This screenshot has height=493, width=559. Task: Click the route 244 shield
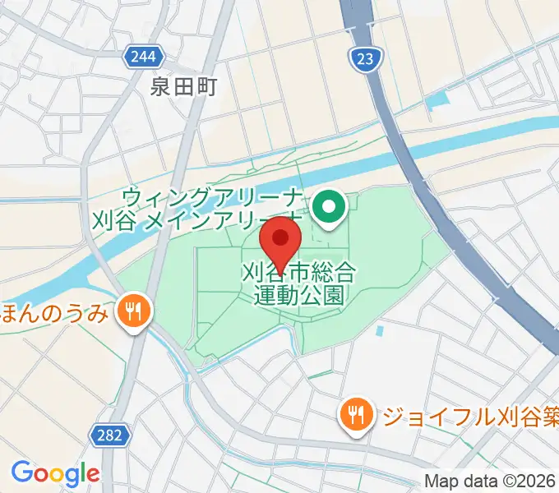click(147, 57)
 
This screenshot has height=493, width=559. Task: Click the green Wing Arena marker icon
click(330, 208)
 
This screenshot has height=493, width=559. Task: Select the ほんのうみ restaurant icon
click(131, 311)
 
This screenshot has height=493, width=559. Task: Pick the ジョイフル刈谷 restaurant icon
click(356, 412)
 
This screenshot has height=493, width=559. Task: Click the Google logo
click(55, 474)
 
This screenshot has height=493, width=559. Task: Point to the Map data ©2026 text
click(490, 481)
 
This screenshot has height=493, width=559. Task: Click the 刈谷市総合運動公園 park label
click(298, 283)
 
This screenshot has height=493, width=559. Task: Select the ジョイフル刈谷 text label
click(469, 413)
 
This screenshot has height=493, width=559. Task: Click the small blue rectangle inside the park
click(381, 332)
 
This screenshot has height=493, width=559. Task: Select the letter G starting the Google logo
click(21, 473)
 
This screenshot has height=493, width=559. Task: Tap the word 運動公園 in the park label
click(298, 295)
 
